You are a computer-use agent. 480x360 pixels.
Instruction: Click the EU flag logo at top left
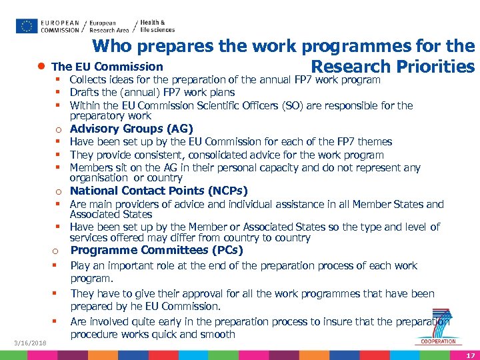(27, 26)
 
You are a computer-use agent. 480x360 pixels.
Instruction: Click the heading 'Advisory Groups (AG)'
(131, 129)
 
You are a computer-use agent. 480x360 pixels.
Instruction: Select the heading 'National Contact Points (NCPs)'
(159, 191)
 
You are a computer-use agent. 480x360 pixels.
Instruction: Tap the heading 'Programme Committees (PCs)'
(157, 250)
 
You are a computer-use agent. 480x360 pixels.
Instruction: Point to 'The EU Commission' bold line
(107, 67)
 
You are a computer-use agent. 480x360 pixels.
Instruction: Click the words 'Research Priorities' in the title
(393, 67)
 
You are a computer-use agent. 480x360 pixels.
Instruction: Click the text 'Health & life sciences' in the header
(158, 26)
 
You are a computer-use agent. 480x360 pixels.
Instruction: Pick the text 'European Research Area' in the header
(109, 26)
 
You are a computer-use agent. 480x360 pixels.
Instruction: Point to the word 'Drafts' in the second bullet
(83, 93)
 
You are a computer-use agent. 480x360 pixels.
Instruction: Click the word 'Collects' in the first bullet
(89, 80)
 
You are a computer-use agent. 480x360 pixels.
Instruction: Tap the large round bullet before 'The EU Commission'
(42, 67)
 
